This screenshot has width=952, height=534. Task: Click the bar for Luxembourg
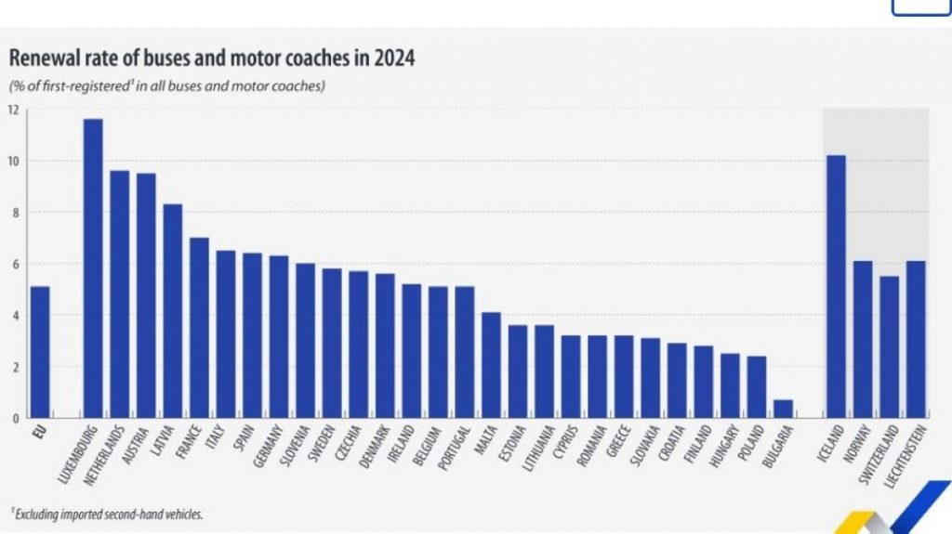pyautogui.click(x=93, y=268)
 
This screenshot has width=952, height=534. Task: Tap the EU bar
pyautogui.click(x=40, y=352)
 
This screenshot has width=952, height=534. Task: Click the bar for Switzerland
pyautogui.click(x=889, y=347)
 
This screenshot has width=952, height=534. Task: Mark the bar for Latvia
pyautogui.click(x=173, y=311)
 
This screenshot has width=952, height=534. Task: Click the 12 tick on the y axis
pyautogui.click(x=13, y=111)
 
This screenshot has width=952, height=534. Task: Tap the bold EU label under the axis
pyautogui.click(x=39, y=433)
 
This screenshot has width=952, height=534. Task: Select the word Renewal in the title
pyautogui.click(x=41, y=59)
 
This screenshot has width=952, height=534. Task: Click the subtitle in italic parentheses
pyautogui.click(x=166, y=86)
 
